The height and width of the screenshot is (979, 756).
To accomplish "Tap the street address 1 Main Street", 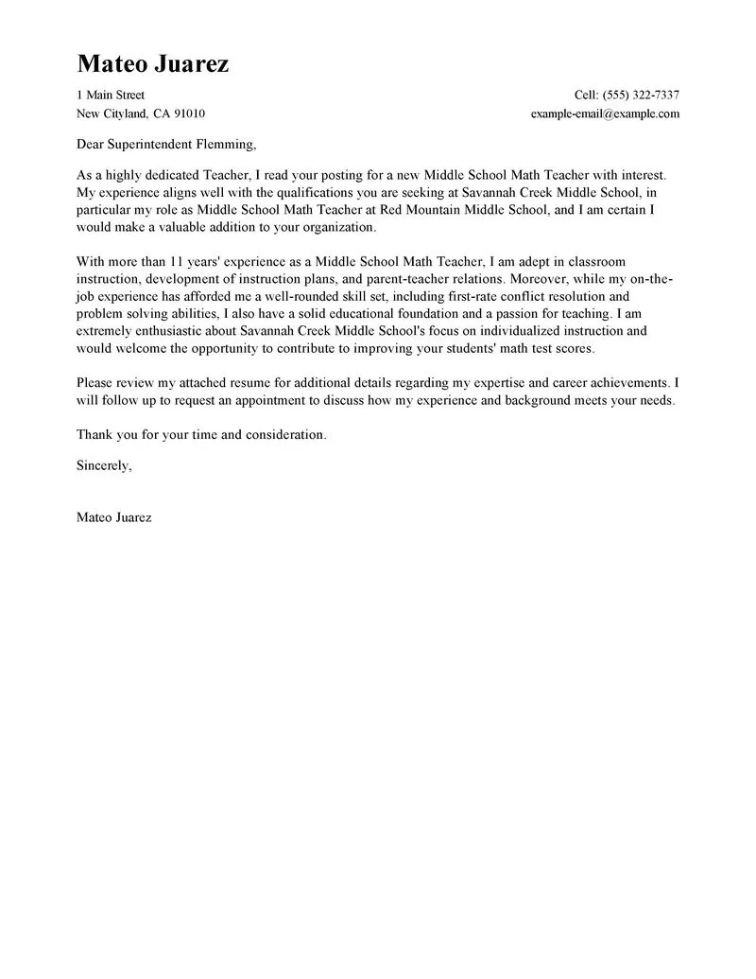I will pyautogui.click(x=111, y=95).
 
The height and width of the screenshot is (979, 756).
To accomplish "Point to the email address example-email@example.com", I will pyautogui.click(x=606, y=114).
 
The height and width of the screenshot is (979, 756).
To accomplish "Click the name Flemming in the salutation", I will pyautogui.click(x=222, y=145).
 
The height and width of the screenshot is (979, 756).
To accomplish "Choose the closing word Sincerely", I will pyautogui.click(x=104, y=465).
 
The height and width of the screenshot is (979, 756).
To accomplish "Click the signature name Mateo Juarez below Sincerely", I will pyautogui.click(x=113, y=517).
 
